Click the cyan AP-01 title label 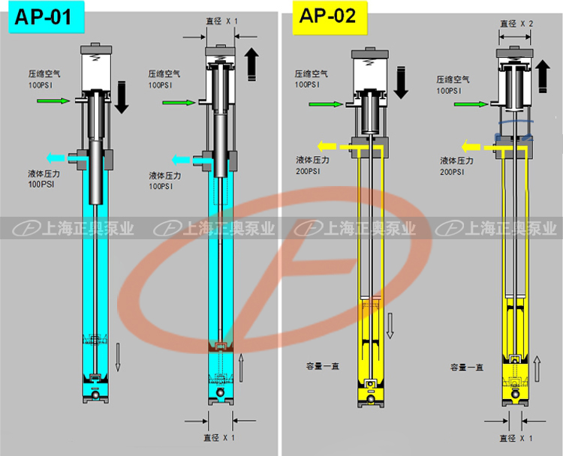tap(47, 16)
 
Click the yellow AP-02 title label tap(330, 17)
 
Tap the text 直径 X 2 tap(516, 24)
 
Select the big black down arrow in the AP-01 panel tap(122, 97)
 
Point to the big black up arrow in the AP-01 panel tap(251, 64)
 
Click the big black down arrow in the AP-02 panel tap(401, 82)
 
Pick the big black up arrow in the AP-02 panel tap(543, 76)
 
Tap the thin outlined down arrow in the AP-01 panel tap(118, 357)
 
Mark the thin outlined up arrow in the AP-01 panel tap(241, 367)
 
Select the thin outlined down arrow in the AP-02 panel tap(390, 325)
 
